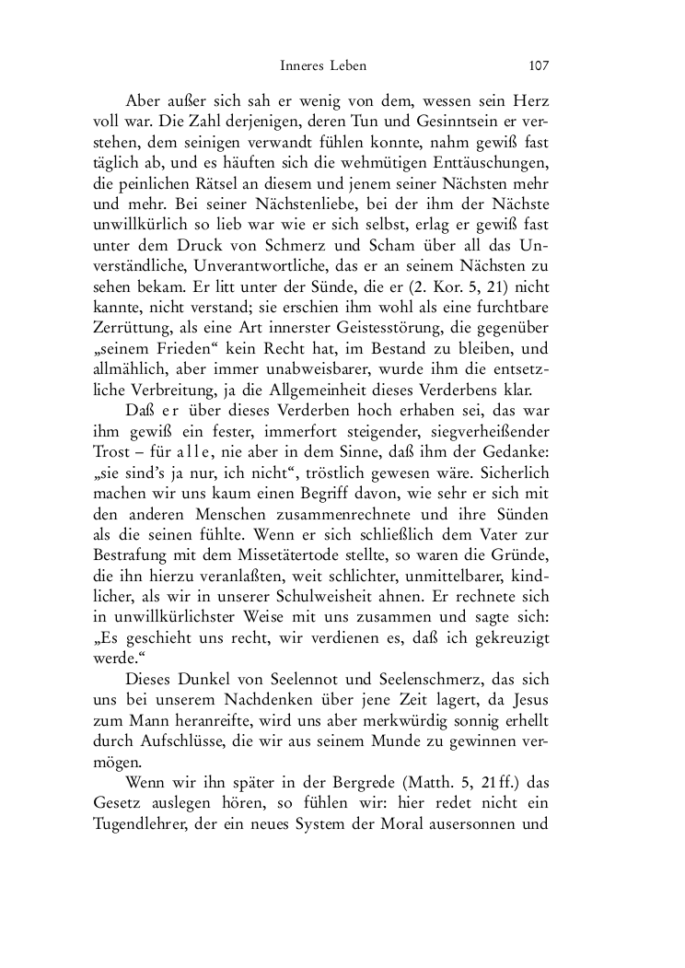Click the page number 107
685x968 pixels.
pos(539,65)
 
